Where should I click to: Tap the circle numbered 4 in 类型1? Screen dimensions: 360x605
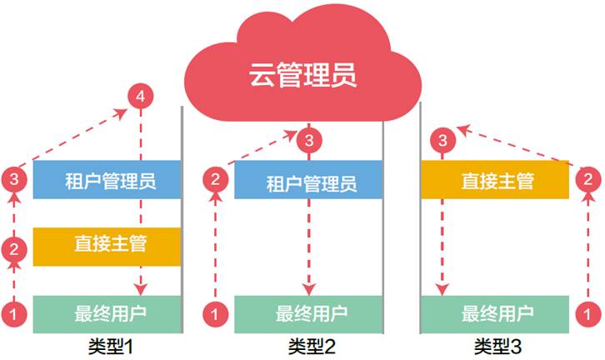[140, 97]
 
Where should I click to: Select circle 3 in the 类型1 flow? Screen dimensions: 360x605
[13, 178]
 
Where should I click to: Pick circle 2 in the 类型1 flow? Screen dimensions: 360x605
[13, 247]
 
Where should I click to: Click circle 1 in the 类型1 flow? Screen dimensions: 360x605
[13, 314]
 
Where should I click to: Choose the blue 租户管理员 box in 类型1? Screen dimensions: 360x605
[107, 179]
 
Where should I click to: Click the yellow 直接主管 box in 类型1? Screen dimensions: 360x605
[107, 246]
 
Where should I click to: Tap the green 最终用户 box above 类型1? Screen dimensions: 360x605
[107, 314]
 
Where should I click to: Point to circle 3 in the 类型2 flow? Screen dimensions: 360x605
[309, 138]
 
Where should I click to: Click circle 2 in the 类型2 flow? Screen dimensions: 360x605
[215, 178]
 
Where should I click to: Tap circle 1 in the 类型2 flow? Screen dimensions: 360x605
[215, 314]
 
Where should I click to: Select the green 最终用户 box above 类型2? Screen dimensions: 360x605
[307, 314]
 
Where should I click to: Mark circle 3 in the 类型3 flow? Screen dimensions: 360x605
[443, 138]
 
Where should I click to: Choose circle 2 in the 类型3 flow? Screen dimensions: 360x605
[588, 178]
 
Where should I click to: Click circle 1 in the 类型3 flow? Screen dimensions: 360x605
[588, 314]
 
